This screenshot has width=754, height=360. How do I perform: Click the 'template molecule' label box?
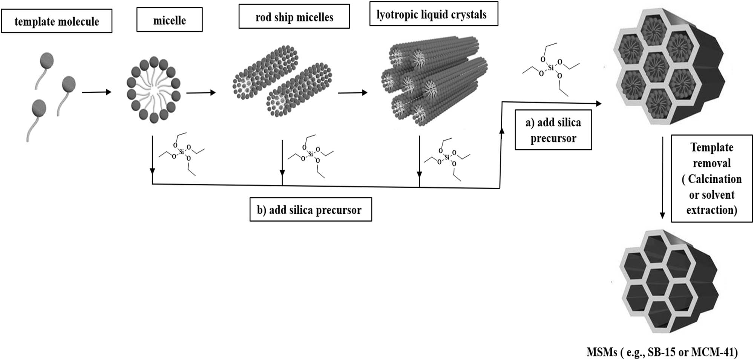[x=57, y=21]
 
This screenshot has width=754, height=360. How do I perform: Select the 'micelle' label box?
[x=169, y=20]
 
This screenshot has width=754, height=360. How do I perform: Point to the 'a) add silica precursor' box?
[x=553, y=130]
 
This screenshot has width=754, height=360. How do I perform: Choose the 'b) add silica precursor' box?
[x=310, y=210]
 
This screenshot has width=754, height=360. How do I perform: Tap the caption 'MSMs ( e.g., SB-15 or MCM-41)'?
[x=662, y=352]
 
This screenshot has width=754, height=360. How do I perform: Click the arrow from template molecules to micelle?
[x=97, y=92]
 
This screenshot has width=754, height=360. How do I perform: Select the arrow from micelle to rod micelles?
[x=201, y=92]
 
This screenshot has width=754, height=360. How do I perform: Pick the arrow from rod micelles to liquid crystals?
[x=352, y=92]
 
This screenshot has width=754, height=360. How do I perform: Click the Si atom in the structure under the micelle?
[x=182, y=152]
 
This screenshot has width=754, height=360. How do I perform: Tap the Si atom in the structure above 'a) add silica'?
[x=551, y=68]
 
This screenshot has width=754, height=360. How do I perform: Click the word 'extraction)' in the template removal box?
[x=711, y=210]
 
